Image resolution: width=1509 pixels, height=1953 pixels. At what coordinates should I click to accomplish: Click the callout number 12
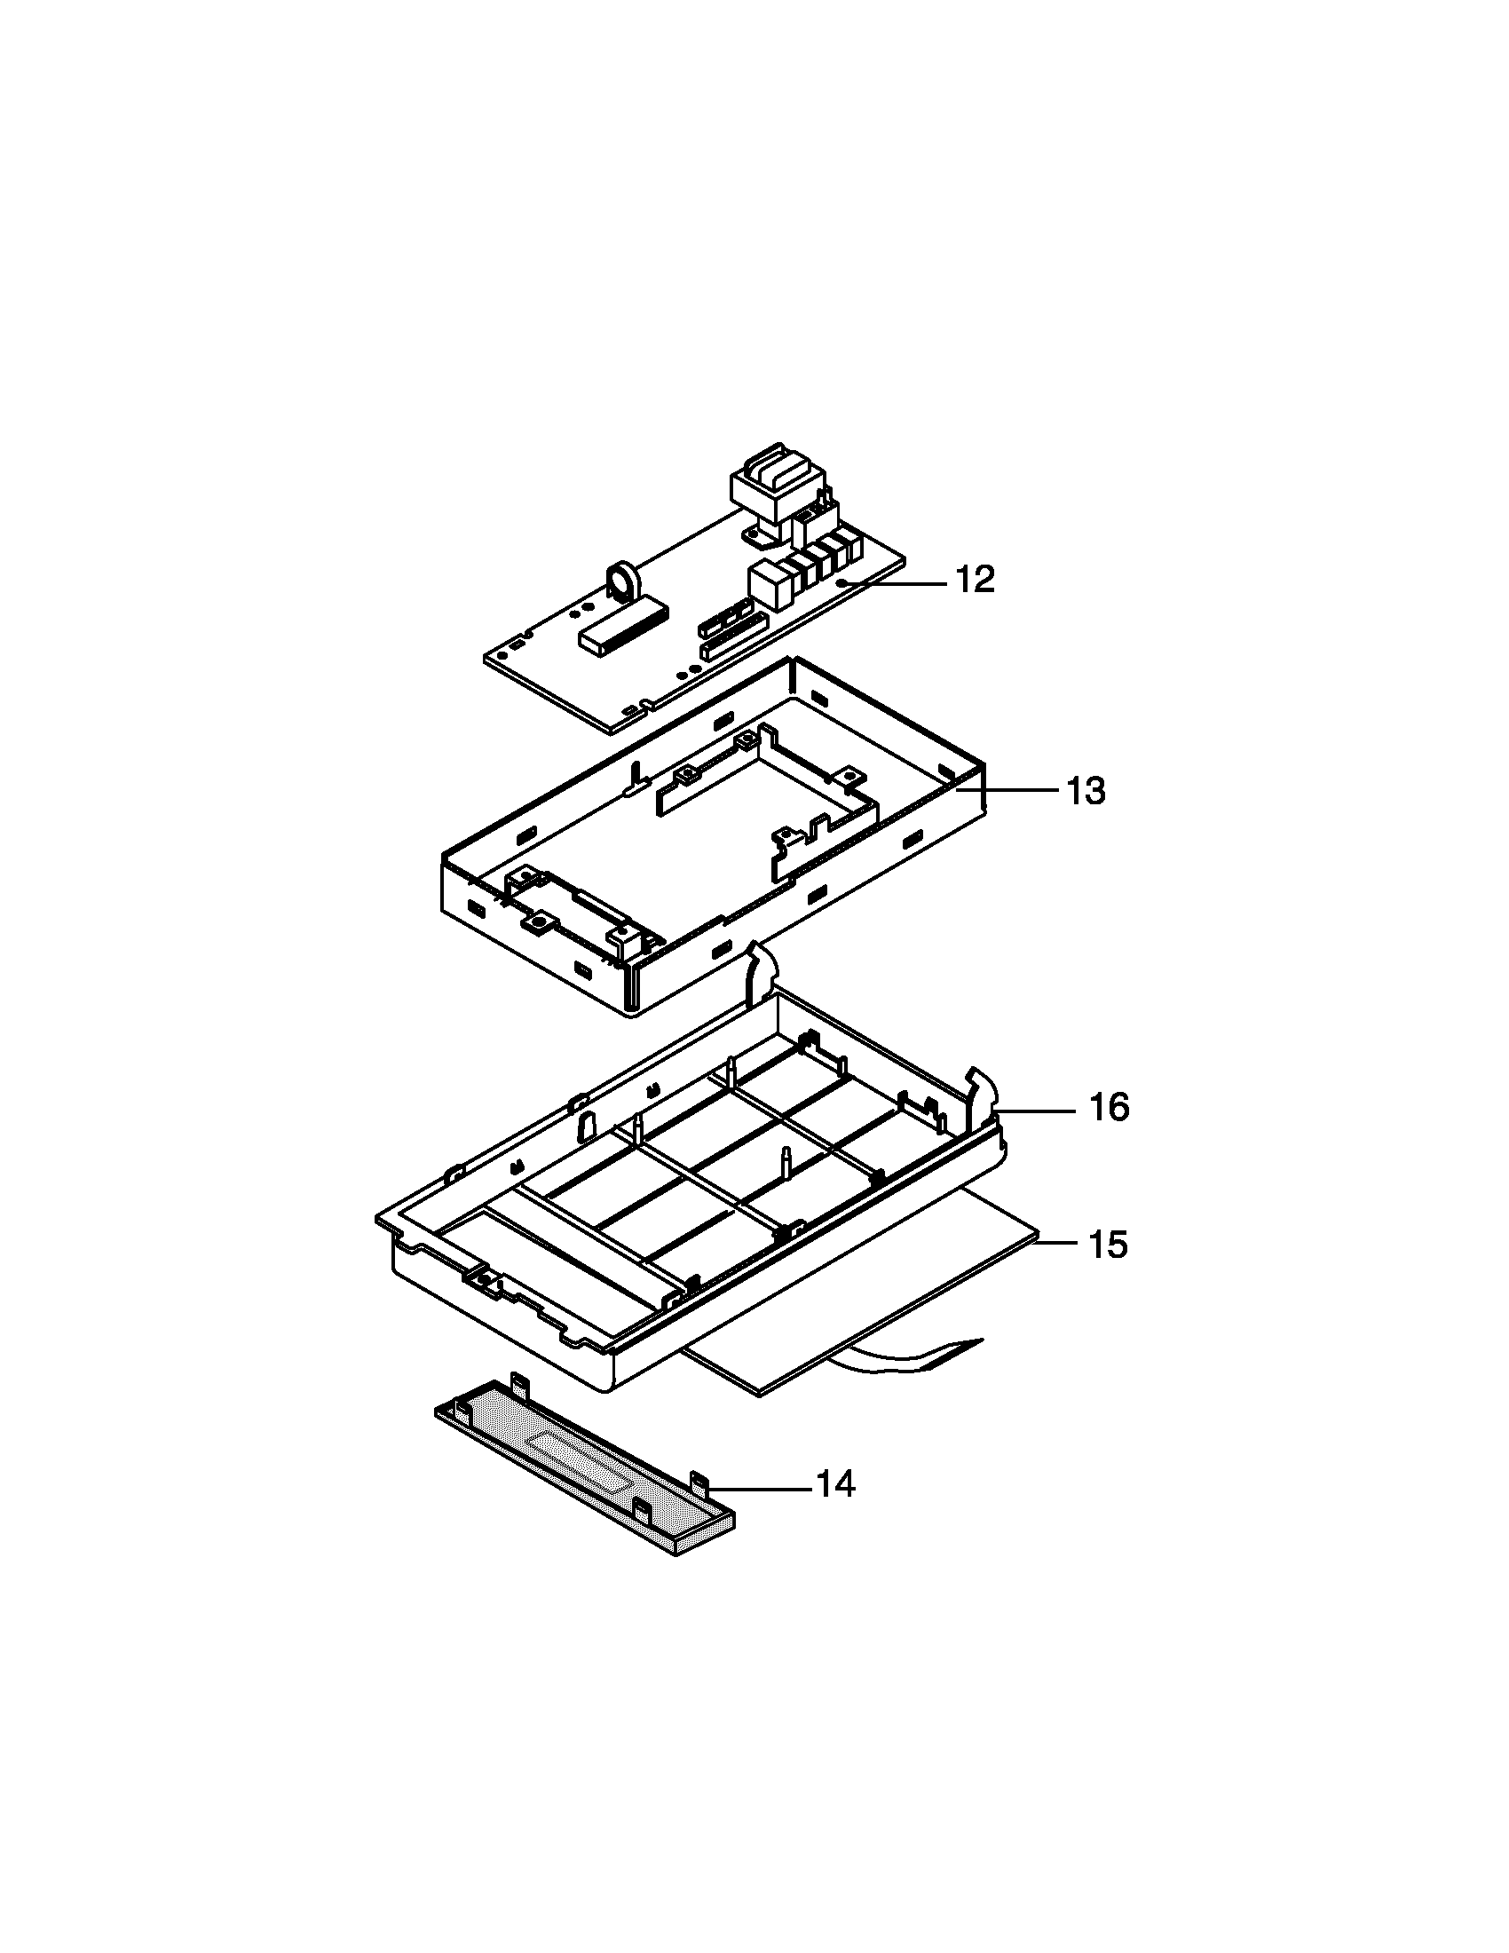point(976,581)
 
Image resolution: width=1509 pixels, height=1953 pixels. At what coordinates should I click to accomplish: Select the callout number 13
point(1086,791)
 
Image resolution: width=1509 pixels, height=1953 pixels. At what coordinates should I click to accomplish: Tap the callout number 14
point(836,1484)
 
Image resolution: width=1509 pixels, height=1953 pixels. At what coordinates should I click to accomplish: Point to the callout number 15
point(1108,1245)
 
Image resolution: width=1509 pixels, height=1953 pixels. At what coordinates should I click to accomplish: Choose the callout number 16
point(1109,1108)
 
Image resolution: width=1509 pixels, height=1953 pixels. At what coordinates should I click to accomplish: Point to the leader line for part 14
point(760,1489)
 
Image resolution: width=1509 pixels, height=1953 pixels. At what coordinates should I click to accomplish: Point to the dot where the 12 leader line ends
point(844,583)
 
